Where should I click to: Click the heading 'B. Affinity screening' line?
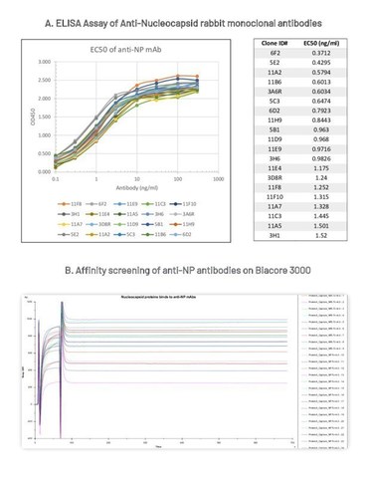(x=184, y=275)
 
